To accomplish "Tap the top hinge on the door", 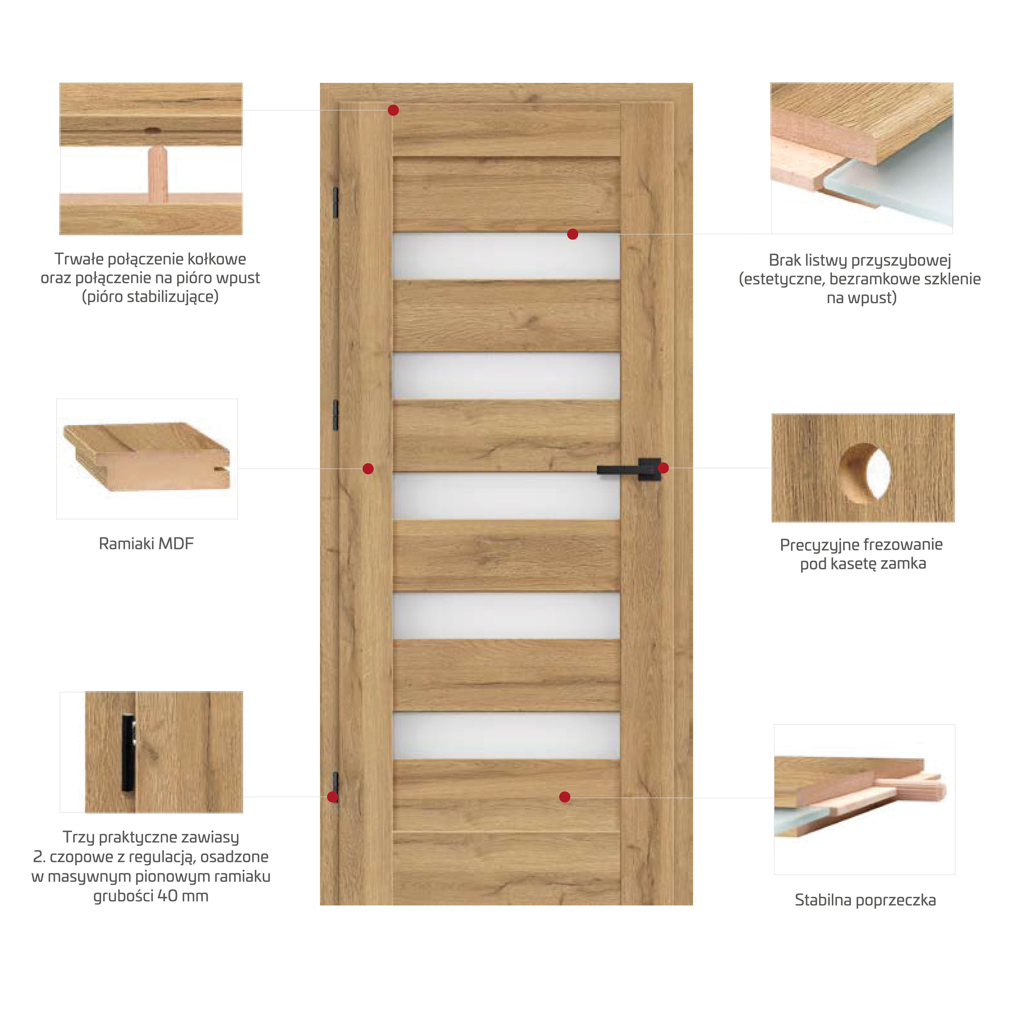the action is pyautogui.click(x=335, y=202).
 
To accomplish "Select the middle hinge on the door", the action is pyautogui.click(x=335, y=415).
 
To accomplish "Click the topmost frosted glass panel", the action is pyautogui.click(x=506, y=256).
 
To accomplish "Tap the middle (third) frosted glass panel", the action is pyautogui.click(x=506, y=496).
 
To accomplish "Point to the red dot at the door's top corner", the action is pyautogui.click(x=393, y=110).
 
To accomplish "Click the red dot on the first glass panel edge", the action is pyautogui.click(x=572, y=234).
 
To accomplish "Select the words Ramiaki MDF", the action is pyautogui.click(x=146, y=544).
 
